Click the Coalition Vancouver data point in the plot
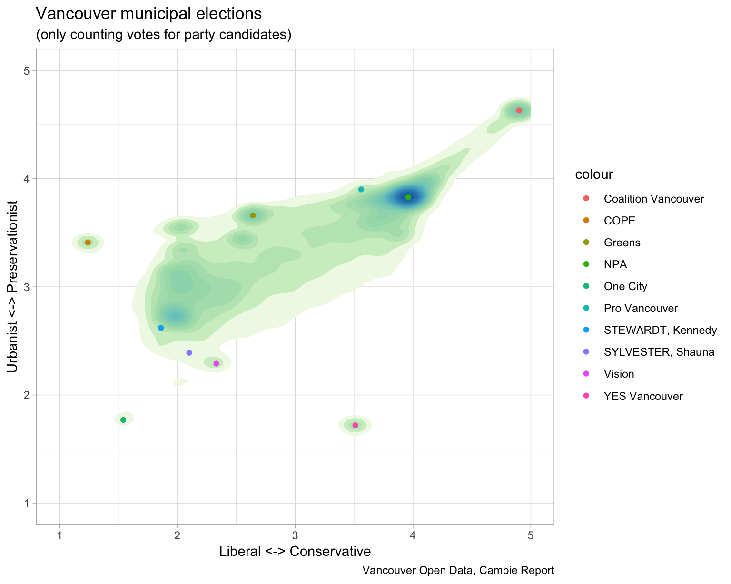519,110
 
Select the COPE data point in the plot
88,243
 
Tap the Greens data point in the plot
253,215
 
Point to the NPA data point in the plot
408,197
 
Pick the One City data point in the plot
123,420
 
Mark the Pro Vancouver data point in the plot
361,189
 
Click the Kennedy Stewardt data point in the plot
161,328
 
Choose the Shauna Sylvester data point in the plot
189,353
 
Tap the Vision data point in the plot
216,364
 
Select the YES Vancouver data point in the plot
355,425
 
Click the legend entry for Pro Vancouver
640,308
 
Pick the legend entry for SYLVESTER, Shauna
659,352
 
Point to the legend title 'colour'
593,175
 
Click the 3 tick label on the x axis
295,536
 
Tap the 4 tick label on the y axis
27,179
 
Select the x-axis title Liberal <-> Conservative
295,551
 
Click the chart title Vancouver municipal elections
148,14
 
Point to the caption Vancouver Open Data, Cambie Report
458,570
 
